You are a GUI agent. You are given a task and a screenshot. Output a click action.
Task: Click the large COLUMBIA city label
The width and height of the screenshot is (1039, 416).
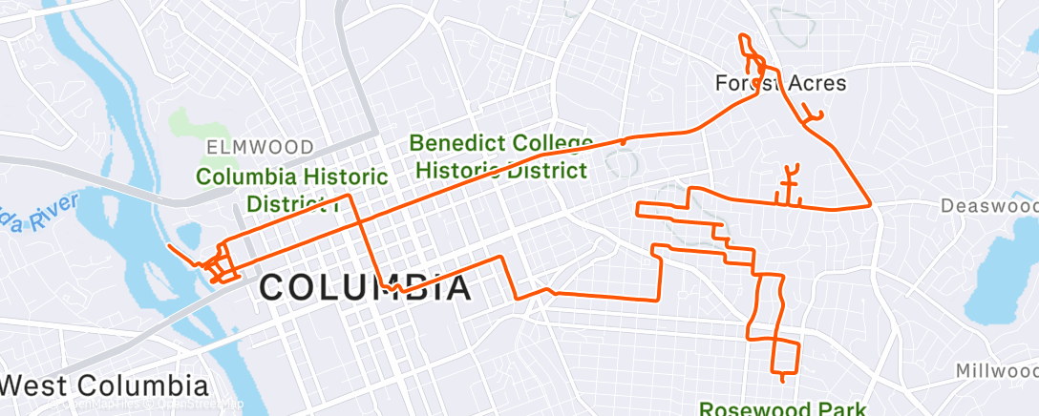click(366, 287)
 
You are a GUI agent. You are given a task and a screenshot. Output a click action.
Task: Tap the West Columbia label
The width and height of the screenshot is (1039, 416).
click(104, 386)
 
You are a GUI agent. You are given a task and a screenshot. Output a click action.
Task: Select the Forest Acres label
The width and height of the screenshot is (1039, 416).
click(780, 83)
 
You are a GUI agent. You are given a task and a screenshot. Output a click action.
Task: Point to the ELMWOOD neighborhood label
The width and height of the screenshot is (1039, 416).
click(260, 147)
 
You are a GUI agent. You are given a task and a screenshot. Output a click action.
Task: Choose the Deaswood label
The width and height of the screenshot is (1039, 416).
click(989, 206)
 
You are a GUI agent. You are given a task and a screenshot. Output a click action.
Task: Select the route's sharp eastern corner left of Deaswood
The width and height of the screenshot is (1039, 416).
click(870, 205)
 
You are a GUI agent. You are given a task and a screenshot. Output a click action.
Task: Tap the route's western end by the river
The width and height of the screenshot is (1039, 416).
click(169, 247)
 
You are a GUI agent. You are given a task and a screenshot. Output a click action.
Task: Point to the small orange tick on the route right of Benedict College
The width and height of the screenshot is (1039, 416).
click(623, 140)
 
